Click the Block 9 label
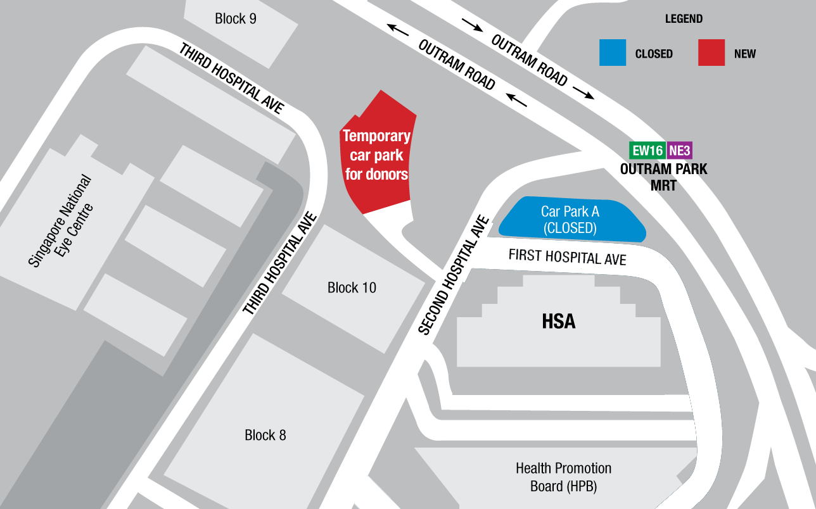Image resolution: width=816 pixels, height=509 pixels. (x=236, y=19)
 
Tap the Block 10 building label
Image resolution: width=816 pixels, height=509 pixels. (x=352, y=288)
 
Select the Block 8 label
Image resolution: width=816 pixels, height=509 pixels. (x=265, y=436)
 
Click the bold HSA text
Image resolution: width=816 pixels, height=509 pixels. (x=558, y=322)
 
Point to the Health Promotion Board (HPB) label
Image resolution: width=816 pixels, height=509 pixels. (x=563, y=477)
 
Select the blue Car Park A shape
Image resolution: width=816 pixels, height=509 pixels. (x=570, y=220)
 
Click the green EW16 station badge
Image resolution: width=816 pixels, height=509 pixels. (x=647, y=151)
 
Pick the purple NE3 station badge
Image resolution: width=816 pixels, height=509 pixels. (x=679, y=151)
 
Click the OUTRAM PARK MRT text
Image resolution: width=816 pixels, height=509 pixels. (x=663, y=177)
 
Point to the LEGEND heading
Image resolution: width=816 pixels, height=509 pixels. (x=684, y=19)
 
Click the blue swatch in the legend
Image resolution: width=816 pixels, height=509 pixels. (x=613, y=53)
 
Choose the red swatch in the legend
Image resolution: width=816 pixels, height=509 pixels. (x=711, y=53)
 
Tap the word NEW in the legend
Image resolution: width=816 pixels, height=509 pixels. (x=744, y=54)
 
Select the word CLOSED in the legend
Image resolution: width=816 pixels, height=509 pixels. (x=653, y=54)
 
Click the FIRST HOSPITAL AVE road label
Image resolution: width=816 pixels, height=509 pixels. (x=567, y=258)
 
